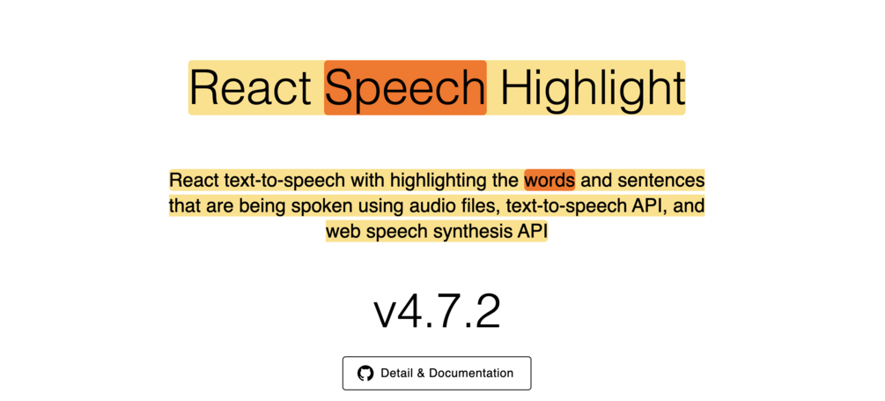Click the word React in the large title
pos(250,88)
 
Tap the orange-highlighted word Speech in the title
pos(405,88)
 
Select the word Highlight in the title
pos(592,88)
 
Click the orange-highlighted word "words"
pos(549,181)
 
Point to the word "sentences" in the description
pos(661,181)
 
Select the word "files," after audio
pos(468,206)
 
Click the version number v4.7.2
pos(437,311)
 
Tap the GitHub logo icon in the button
pos(365,374)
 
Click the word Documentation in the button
pos(471,374)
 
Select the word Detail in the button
pos(397,374)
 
